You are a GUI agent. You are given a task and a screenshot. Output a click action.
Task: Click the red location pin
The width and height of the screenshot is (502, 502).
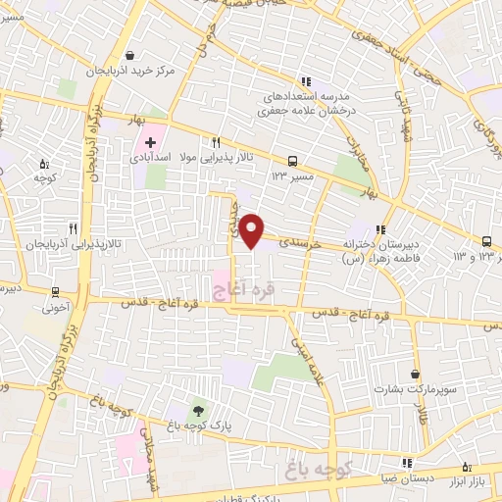click(x=252, y=229)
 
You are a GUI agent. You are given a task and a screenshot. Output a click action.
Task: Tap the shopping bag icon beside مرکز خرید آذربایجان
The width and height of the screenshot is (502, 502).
click(x=143, y=54)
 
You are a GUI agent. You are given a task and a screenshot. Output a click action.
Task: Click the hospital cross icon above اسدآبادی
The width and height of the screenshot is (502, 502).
click(x=150, y=143)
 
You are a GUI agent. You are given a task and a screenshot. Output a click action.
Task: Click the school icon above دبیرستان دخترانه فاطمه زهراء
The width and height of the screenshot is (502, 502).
click(x=380, y=228)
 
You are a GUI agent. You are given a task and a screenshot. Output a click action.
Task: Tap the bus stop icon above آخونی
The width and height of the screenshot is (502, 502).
click(x=56, y=290)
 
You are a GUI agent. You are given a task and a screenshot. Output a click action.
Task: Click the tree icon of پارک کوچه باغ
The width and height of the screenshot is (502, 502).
click(x=200, y=410)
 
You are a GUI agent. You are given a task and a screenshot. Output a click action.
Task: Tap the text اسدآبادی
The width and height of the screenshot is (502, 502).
click(x=177, y=157)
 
